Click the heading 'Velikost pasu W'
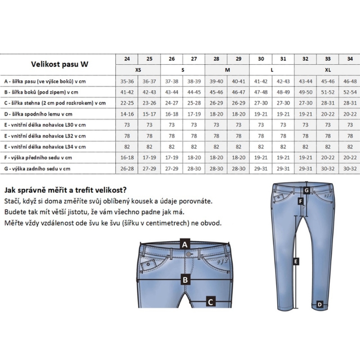(x=59, y=64)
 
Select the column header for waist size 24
(x=127, y=59)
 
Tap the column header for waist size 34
(x=350, y=59)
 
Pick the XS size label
(x=138, y=70)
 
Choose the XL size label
(x=328, y=70)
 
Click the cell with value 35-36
(x=127, y=81)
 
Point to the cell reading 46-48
(x=350, y=81)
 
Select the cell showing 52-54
(x=350, y=92)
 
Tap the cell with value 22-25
(x=127, y=103)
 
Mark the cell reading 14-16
(x=127, y=114)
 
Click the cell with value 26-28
(x=127, y=169)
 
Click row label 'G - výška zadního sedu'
(x=38, y=169)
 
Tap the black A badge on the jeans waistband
(x=184, y=244)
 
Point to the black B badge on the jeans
(x=184, y=279)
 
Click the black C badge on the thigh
(x=210, y=301)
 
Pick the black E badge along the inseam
(x=296, y=261)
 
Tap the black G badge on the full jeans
(x=306, y=190)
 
